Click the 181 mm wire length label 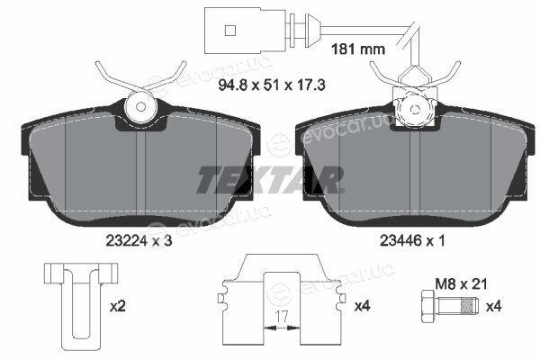point(358,49)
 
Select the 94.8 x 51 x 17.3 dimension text point(272,85)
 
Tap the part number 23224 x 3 point(139,241)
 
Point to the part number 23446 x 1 point(412,240)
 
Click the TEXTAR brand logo point(270,180)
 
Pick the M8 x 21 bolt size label point(461,284)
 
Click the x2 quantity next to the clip point(118,306)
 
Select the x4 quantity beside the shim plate point(363,306)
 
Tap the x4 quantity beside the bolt point(493,306)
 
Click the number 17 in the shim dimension point(282,317)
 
